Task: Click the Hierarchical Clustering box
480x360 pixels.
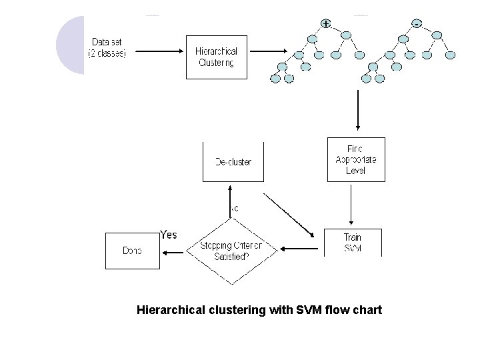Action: coord(216,56)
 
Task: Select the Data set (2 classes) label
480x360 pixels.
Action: coord(107,47)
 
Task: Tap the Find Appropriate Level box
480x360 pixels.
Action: coord(356,159)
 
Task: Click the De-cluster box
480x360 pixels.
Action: coord(233,161)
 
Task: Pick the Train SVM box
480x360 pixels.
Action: coord(353,243)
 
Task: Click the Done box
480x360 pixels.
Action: coord(132,251)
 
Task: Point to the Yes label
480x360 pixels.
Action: coord(169,235)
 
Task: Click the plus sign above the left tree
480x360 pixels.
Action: coord(325,23)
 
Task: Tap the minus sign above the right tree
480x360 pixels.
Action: coord(417,23)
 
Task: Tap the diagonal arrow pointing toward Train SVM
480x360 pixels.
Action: coord(288,214)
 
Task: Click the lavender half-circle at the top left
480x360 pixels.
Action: coord(70,45)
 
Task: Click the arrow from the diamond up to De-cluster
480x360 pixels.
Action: coord(229,200)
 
